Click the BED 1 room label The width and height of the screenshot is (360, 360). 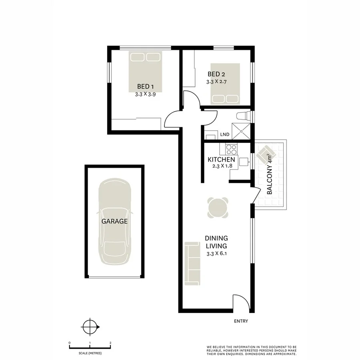(x=145, y=86)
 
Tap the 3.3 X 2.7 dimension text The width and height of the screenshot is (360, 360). (x=216, y=82)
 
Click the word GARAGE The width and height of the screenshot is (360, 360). (x=114, y=221)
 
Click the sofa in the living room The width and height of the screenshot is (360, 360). (x=192, y=264)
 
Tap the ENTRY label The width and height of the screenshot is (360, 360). (x=241, y=321)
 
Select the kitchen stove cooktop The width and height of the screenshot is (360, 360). (x=231, y=150)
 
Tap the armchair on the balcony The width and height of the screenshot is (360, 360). (x=266, y=153)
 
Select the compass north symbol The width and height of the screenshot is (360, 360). (x=90, y=327)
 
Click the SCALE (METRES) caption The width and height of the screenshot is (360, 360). (x=90, y=354)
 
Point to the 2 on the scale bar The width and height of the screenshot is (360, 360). (x=110, y=343)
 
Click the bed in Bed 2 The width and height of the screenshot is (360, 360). (x=225, y=84)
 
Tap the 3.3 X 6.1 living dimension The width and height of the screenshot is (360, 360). (x=216, y=254)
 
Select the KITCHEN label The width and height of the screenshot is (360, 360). (x=221, y=160)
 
